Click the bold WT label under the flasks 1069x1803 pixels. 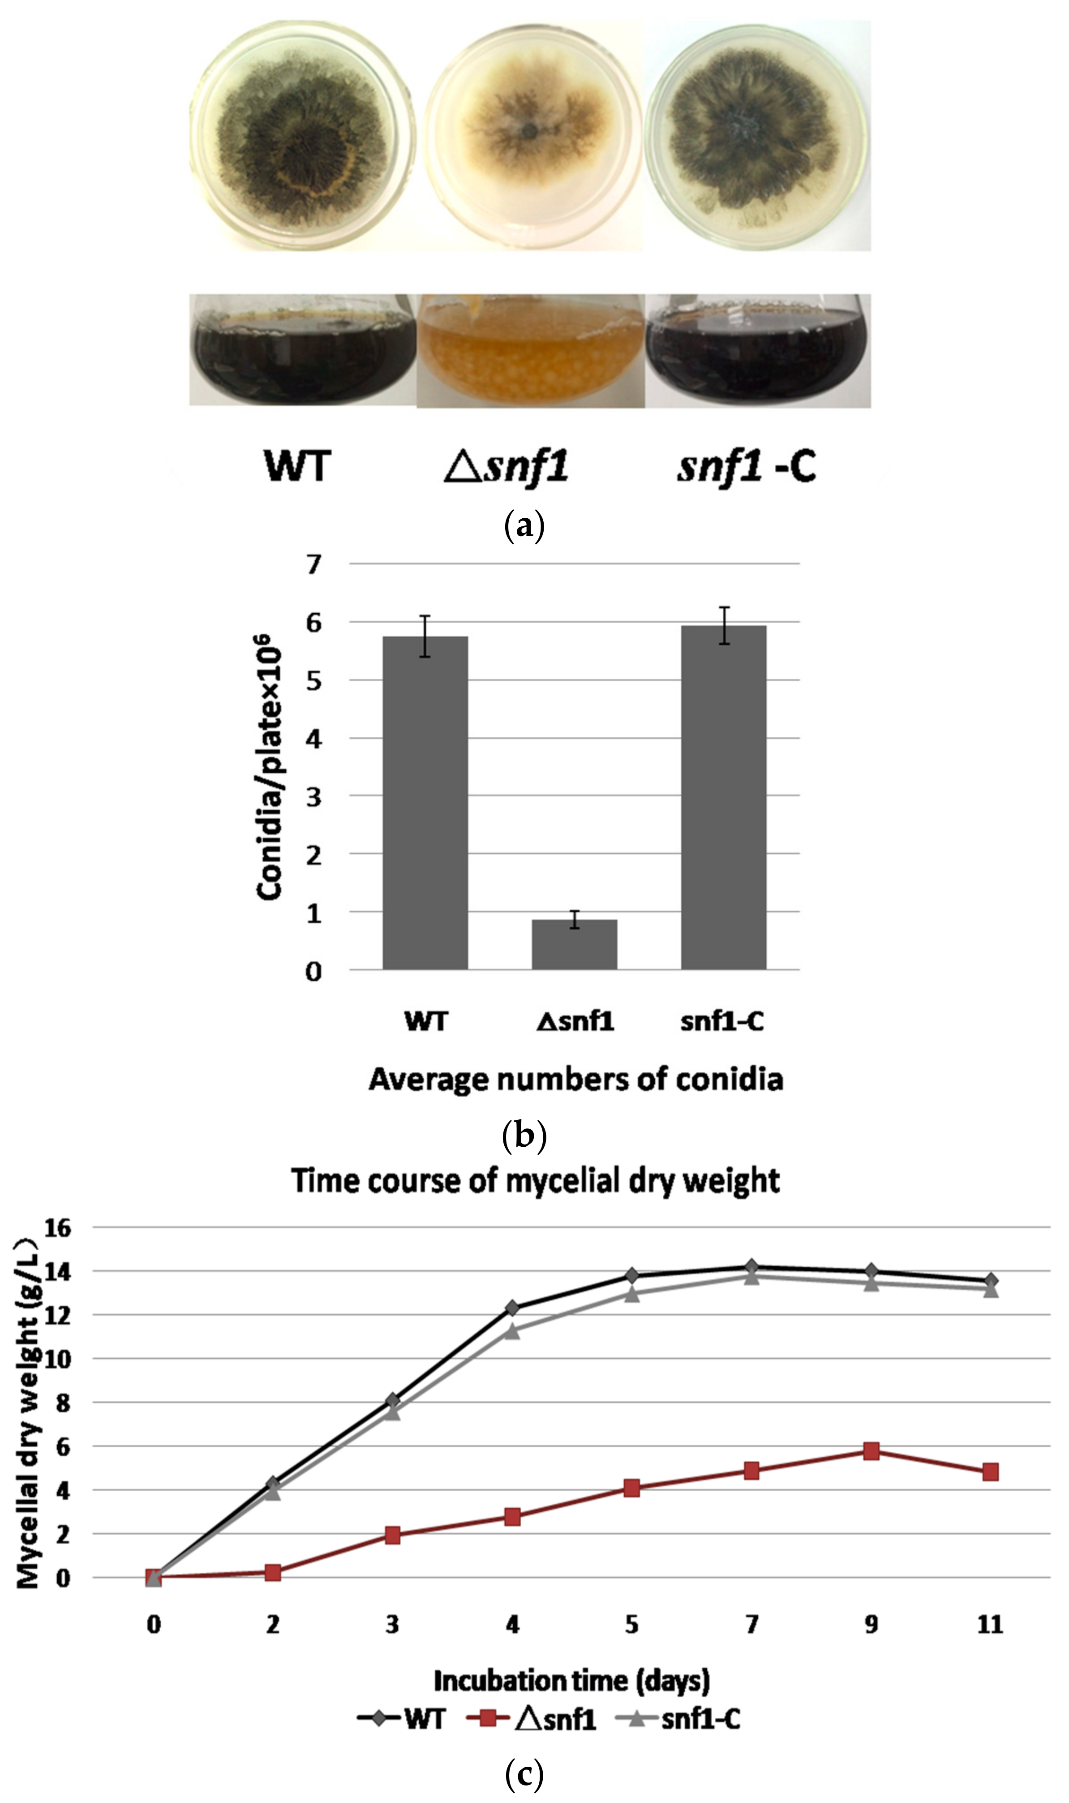297,466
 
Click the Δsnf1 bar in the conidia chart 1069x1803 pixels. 574,944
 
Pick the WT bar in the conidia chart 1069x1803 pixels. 425,803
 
